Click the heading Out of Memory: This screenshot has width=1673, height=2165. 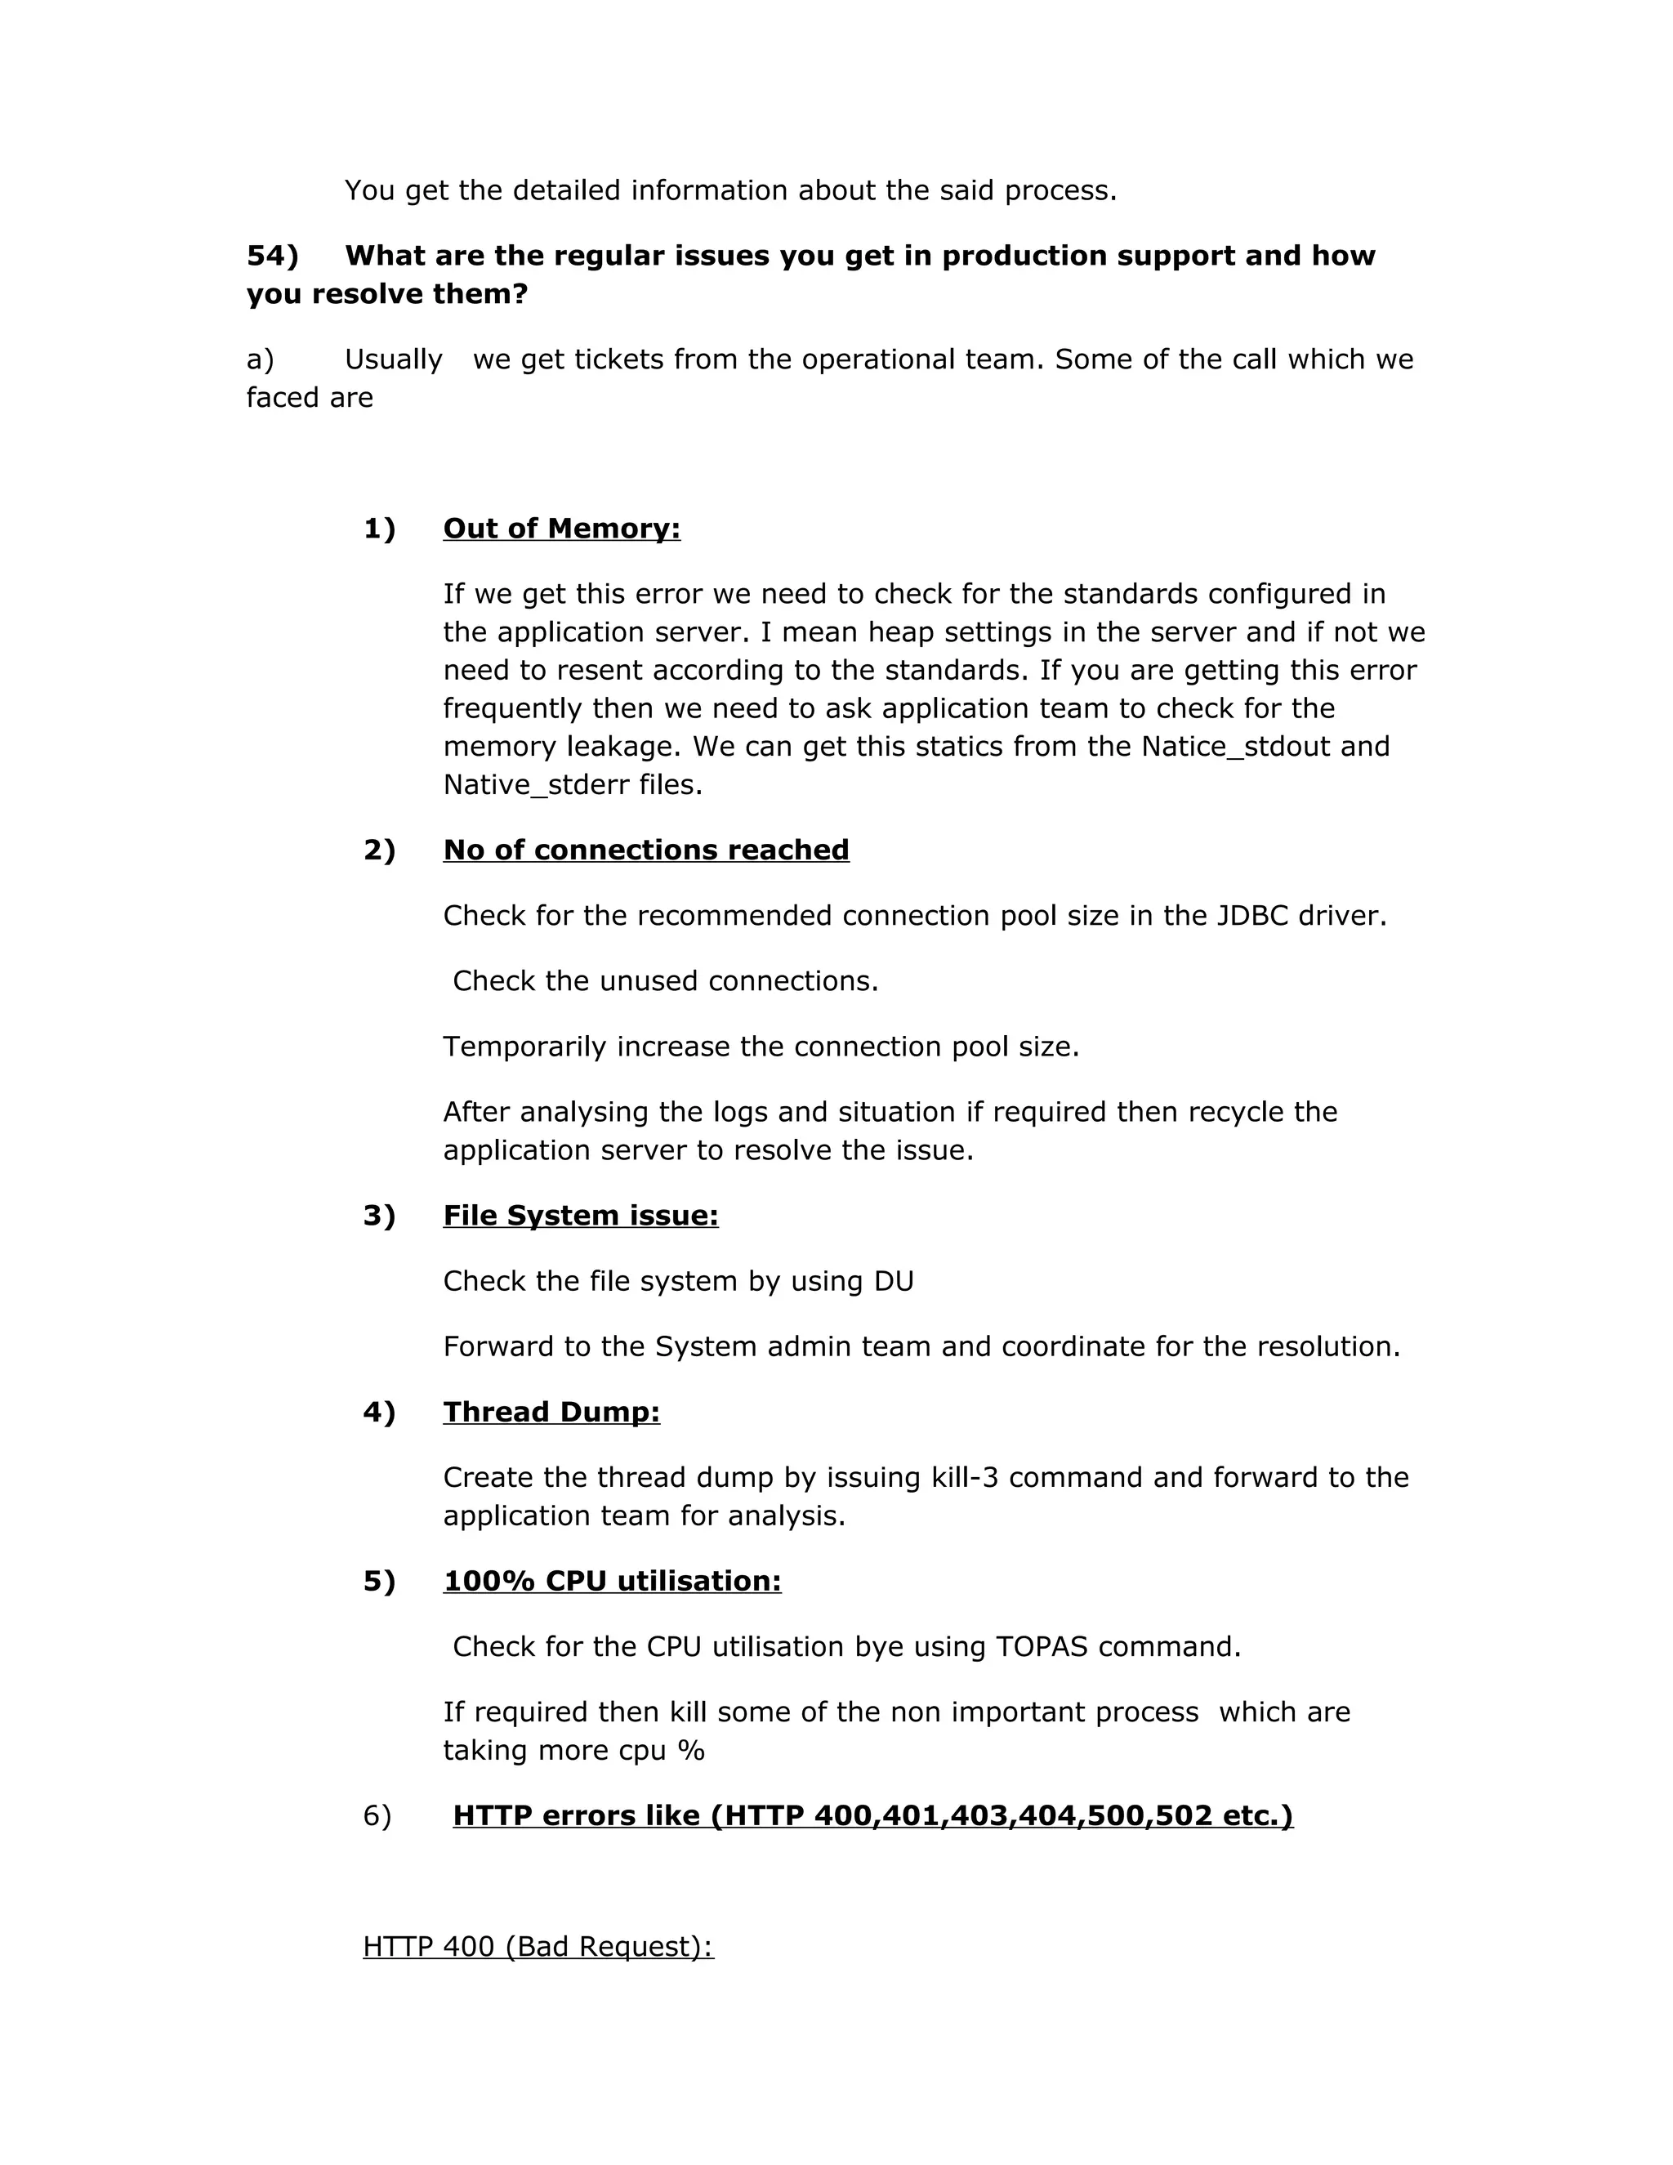(561, 529)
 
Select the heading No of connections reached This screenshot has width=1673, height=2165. (645, 850)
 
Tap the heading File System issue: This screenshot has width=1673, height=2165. (580, 1216)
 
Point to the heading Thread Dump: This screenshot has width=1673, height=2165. (551, 1412)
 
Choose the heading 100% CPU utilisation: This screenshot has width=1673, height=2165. (612, 1580)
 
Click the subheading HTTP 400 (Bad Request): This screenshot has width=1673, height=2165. (538, 1946)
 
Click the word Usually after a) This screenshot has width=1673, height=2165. (394, 359)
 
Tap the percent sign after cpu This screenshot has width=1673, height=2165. (691, 1751)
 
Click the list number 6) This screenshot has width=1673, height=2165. (377, 1815)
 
